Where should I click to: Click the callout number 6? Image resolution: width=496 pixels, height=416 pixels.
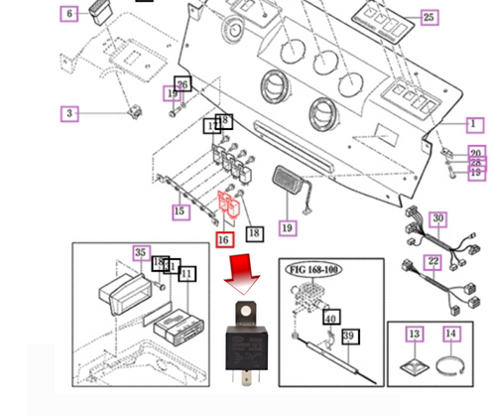point(68,14)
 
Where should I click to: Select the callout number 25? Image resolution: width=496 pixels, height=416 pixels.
point(429,17)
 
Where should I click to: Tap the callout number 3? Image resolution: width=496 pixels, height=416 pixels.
point(68,113)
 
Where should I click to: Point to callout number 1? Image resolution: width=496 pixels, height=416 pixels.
point(474,124)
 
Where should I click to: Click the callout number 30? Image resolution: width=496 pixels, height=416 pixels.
point(437,218)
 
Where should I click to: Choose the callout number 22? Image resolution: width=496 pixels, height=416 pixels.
point(433,261)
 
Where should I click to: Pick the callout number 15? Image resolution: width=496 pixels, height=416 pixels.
point(180,211)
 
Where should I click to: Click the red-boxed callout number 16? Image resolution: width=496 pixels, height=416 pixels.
point(224,239)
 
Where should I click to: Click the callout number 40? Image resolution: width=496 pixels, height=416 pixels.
point(331,318)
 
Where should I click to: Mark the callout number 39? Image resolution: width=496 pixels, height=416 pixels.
point(348,338)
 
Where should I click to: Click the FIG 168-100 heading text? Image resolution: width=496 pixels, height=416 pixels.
point(312,268)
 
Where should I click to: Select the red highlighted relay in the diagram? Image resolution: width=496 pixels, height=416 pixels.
point(230,206)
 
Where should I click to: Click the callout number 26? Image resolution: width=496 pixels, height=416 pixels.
point(182,84)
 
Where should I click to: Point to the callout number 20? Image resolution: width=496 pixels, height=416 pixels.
point(475,153)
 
